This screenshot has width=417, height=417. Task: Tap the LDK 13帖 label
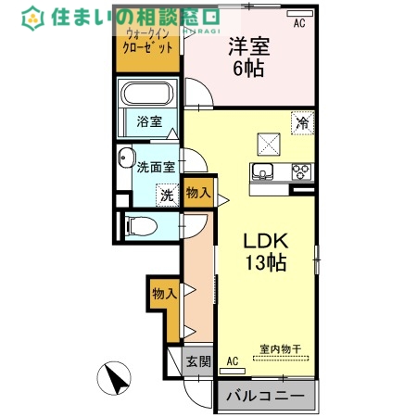(264, 250)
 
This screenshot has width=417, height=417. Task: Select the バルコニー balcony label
(264, 397)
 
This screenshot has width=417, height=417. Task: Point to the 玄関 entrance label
(196, 361)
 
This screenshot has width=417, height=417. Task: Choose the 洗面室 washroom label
(157, 168)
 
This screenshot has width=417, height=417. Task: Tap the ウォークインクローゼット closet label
(148, 42)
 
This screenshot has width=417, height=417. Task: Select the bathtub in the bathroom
(148, 95)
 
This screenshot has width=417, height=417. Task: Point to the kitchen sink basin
(262, 171)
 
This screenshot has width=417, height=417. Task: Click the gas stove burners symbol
(301, 171)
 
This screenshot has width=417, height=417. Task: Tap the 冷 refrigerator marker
(302, 121)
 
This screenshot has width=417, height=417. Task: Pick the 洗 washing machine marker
(166, 196)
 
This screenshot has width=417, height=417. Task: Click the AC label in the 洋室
(299, 24)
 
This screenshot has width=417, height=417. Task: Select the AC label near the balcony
(232, 360)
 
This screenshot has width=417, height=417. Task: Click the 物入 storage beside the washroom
(197, 193)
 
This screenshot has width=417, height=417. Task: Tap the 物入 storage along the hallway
(164, 294)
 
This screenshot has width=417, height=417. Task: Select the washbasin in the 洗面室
(126, 159)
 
